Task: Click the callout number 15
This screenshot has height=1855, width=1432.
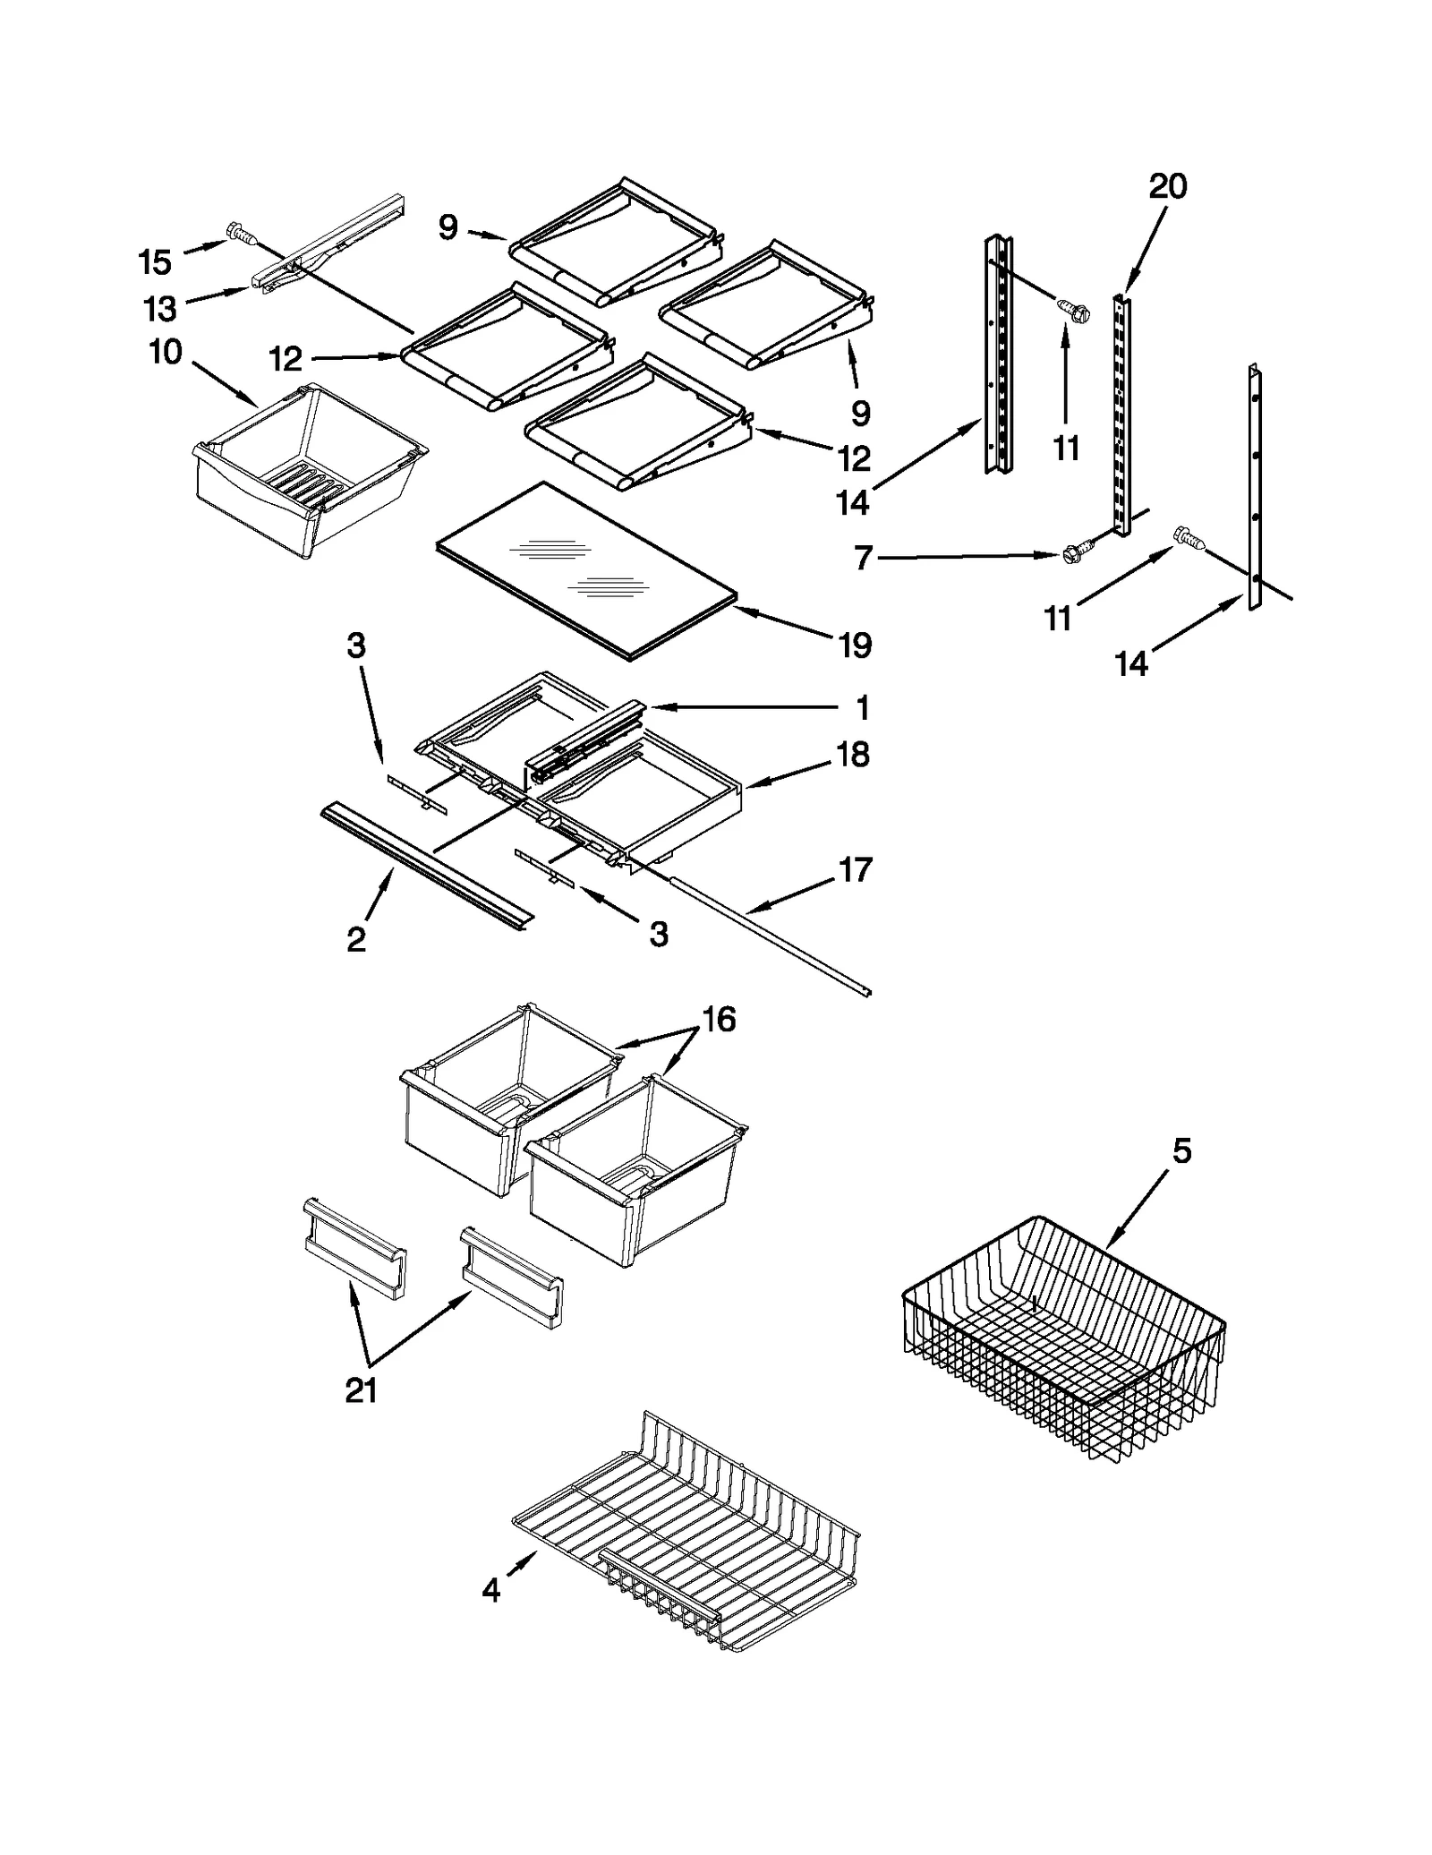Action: [x=154, y=262]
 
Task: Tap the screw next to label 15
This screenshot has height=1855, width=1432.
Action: [x=240, y=233]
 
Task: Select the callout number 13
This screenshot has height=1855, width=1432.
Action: [x=160, y=310]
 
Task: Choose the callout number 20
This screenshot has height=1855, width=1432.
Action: [x=1168, y=186]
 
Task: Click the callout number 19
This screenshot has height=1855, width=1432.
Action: [x=855, y=645]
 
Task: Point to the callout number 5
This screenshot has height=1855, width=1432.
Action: [x=1182, y=1151]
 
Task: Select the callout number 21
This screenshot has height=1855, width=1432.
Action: [x=362, y=1389]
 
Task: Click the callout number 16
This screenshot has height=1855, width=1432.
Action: [x=719, y=1019]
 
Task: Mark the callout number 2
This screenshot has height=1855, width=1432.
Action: [x=356, y=939]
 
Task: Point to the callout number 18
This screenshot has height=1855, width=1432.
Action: [x=853, y=755]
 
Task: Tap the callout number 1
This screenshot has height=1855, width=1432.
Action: [x=863, y=708]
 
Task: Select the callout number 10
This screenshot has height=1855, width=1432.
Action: [x=166, y=352]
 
